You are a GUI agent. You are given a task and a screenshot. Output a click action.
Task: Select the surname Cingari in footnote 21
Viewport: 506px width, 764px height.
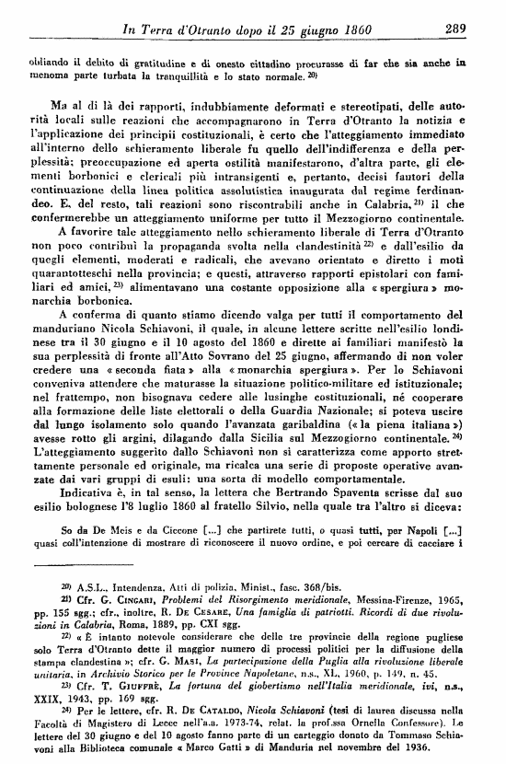point(140,612)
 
